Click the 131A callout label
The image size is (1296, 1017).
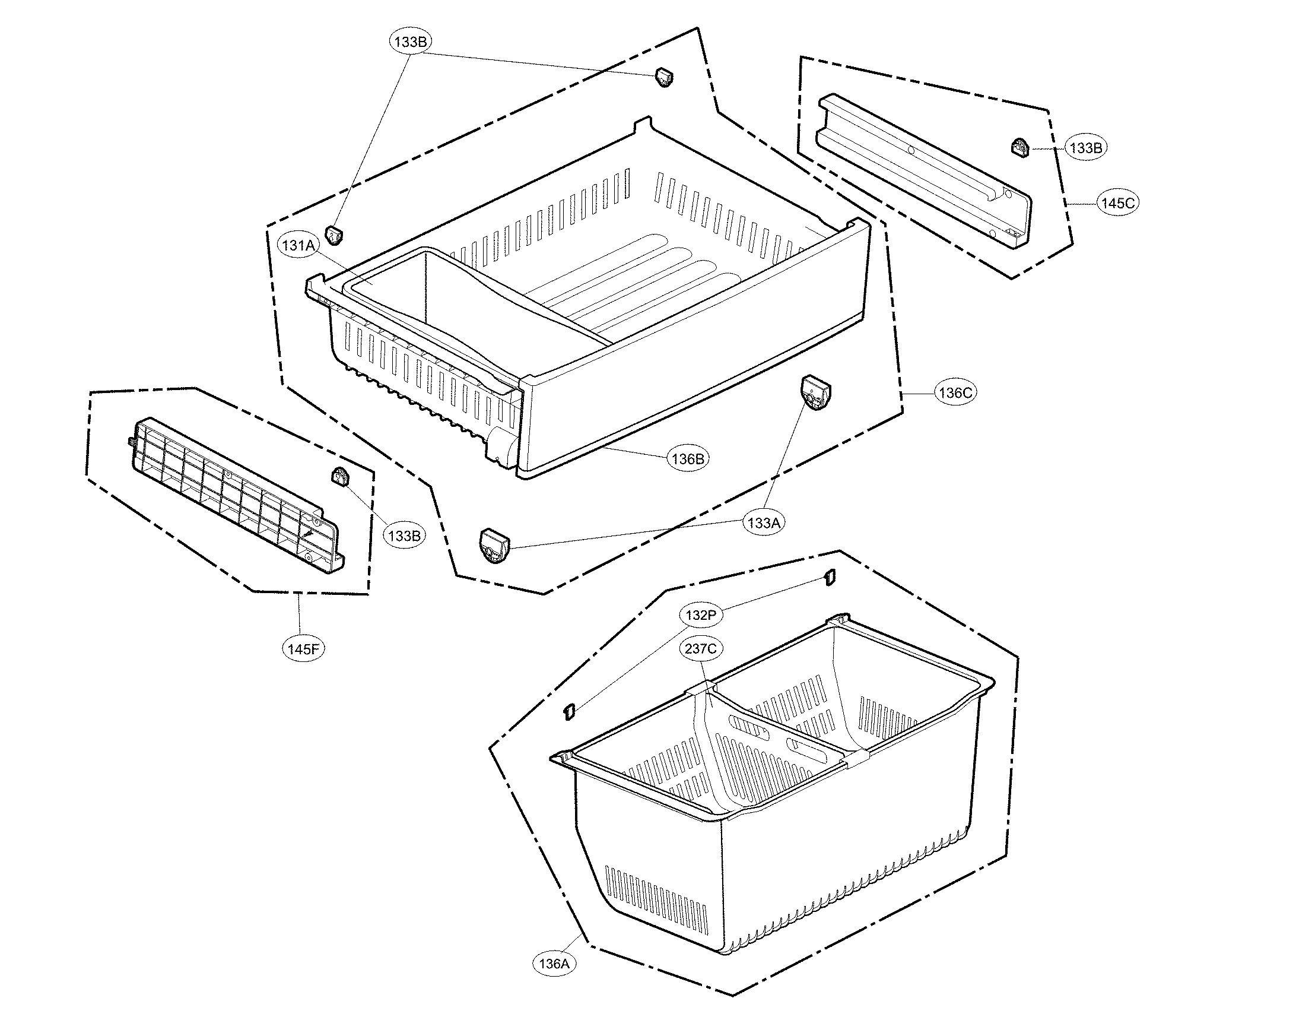(298, 245)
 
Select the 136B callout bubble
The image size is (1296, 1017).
(688, 459)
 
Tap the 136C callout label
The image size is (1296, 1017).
(955, 392)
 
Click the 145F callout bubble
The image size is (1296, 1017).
(303, 649)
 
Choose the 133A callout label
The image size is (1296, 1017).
(764, 523)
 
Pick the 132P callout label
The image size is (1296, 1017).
(700, 615)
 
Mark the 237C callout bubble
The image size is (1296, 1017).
(700, 648)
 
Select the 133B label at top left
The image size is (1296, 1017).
(410, 42)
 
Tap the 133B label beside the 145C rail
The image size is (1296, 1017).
(1086, 148)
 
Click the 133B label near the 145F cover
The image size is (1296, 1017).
(404, 536)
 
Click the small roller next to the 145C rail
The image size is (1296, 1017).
(1020, 147)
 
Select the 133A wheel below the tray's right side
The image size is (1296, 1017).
(815, 392)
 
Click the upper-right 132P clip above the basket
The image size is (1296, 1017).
(830, 576)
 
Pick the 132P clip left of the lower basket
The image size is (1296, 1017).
(568, 711)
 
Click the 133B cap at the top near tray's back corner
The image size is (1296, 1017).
(663, 77)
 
